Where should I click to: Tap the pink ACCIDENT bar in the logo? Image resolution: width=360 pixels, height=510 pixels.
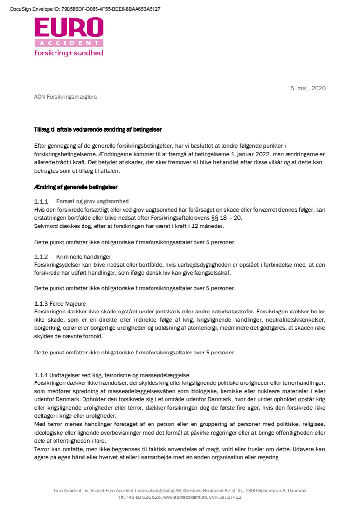69,43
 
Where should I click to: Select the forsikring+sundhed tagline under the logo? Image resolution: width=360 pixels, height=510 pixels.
69,53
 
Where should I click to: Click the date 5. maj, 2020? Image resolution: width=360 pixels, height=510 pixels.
308,88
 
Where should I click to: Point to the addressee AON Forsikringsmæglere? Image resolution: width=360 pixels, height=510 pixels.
66,97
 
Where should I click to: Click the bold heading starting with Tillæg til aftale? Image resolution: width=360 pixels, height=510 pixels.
98,130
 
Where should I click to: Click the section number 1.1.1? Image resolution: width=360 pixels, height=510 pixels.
41,201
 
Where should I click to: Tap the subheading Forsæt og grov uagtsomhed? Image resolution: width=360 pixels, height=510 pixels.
92,201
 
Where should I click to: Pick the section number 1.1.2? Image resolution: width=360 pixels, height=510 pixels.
41,256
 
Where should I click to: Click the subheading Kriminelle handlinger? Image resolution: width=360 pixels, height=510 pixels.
83,256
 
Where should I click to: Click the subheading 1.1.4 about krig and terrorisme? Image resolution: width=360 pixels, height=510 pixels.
112,375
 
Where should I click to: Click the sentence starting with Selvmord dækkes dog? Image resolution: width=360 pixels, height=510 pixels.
129,226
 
